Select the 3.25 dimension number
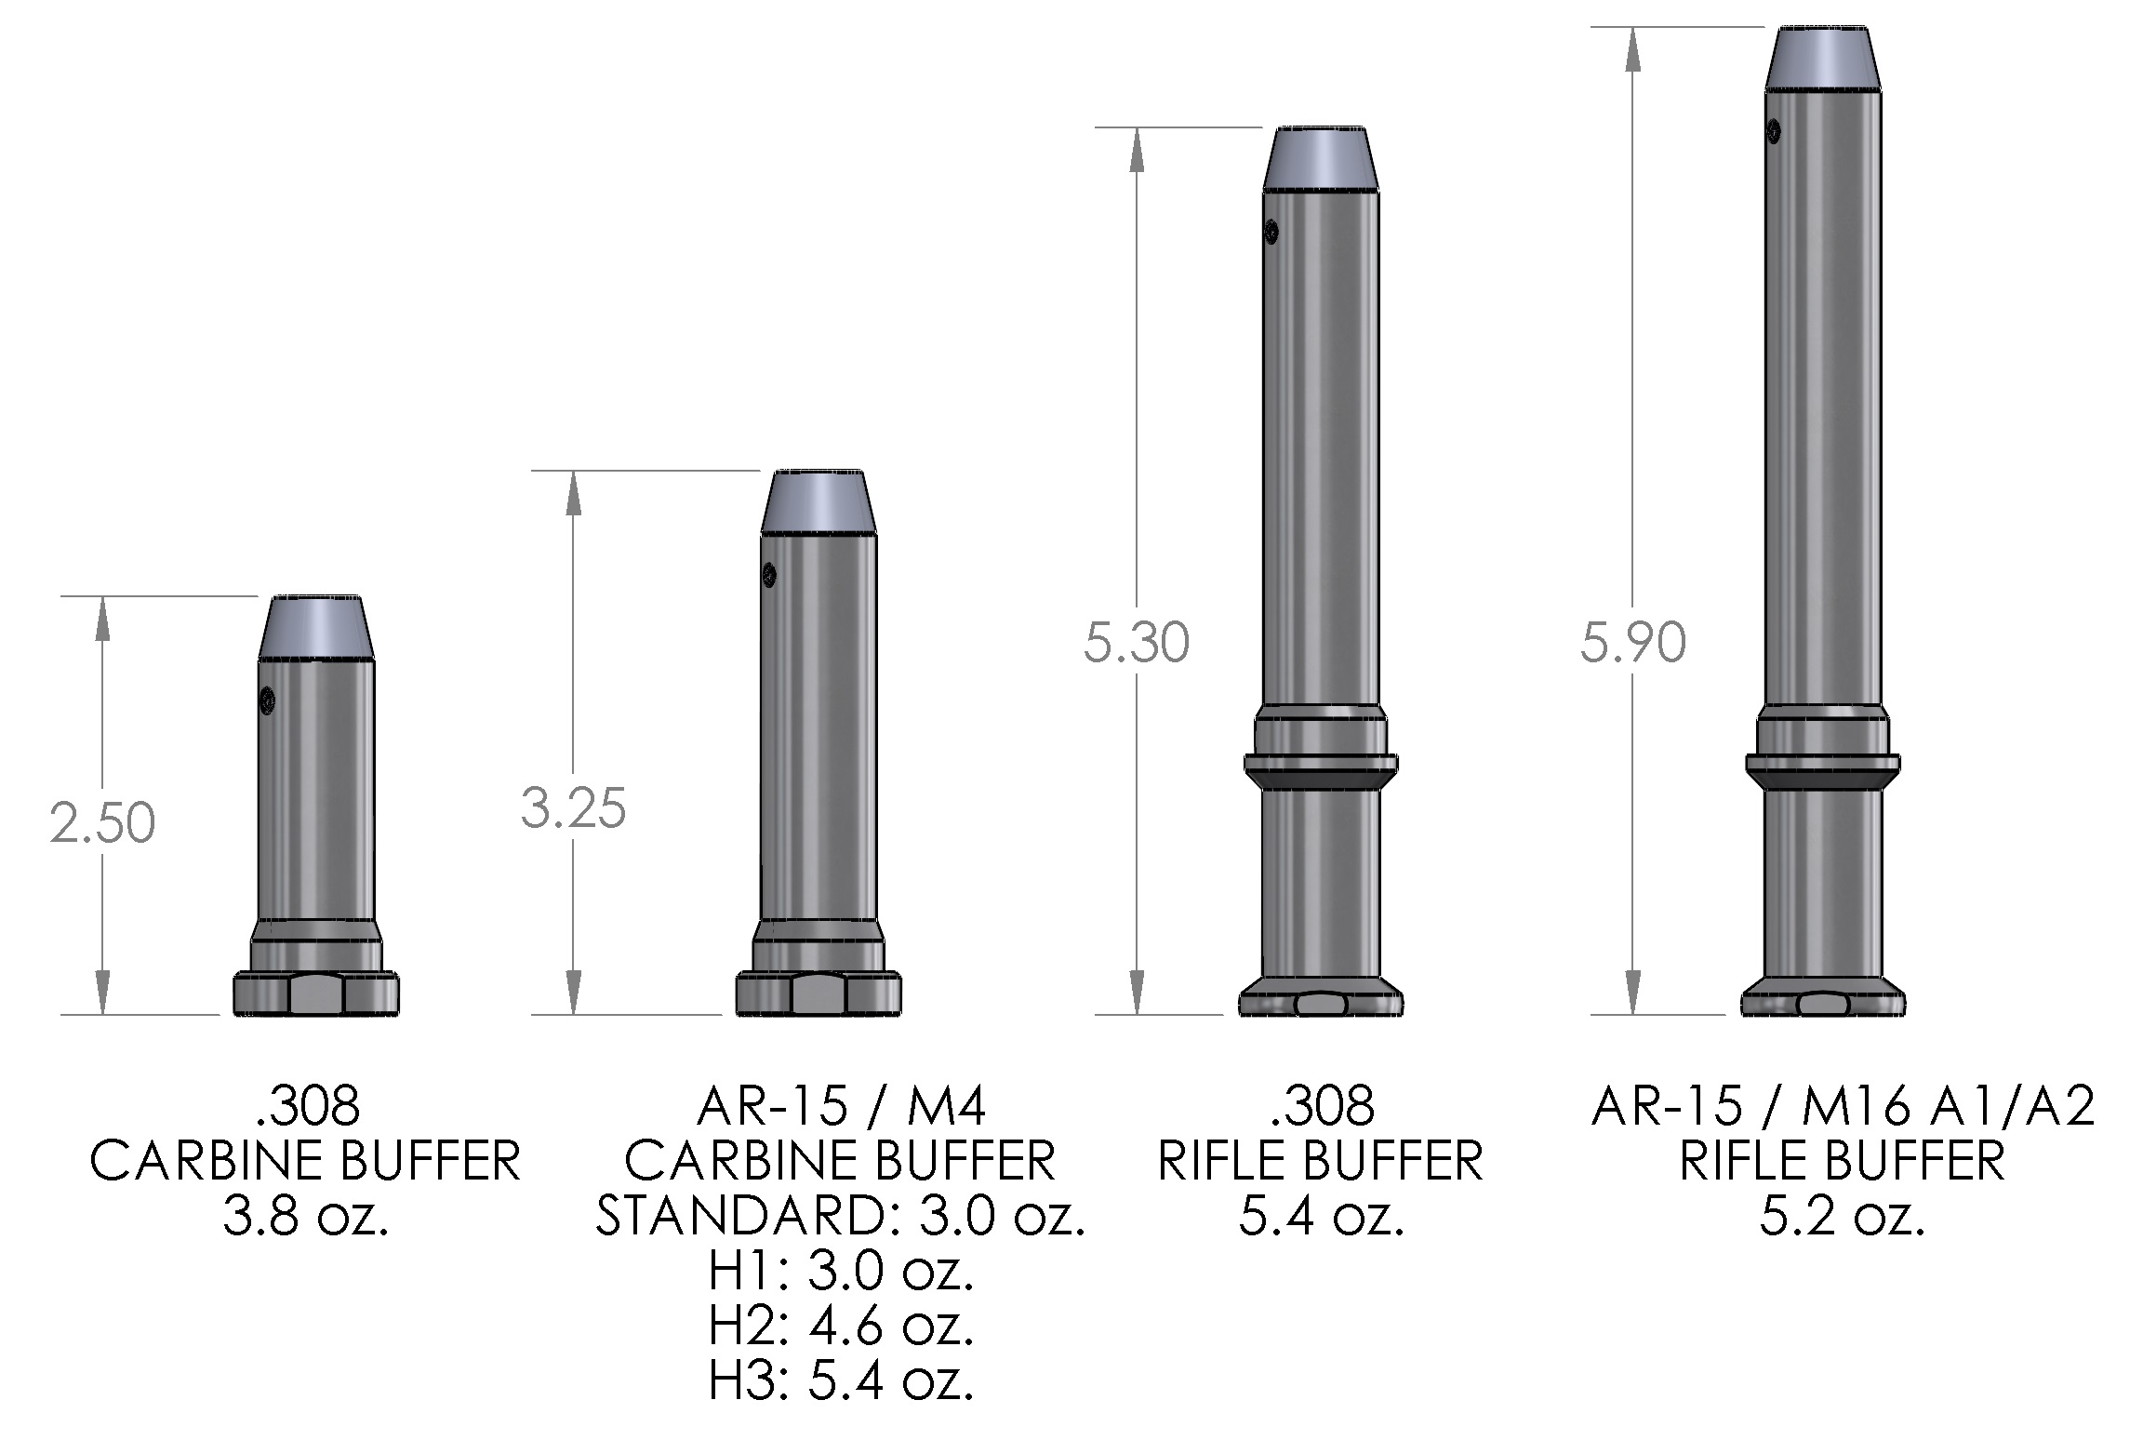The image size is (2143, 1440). coord(574,807)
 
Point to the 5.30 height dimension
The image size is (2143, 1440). coord(1137,644)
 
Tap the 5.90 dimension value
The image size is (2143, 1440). coord(1633,644)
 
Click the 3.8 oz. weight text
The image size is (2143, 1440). coord(305,1215)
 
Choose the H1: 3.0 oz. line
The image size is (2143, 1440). coord(841,1272)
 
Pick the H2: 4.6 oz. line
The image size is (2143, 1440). coord(841,1327)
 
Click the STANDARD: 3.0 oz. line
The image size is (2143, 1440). coord(841,1216)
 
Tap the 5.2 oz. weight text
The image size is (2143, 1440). coord(1842,1215)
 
